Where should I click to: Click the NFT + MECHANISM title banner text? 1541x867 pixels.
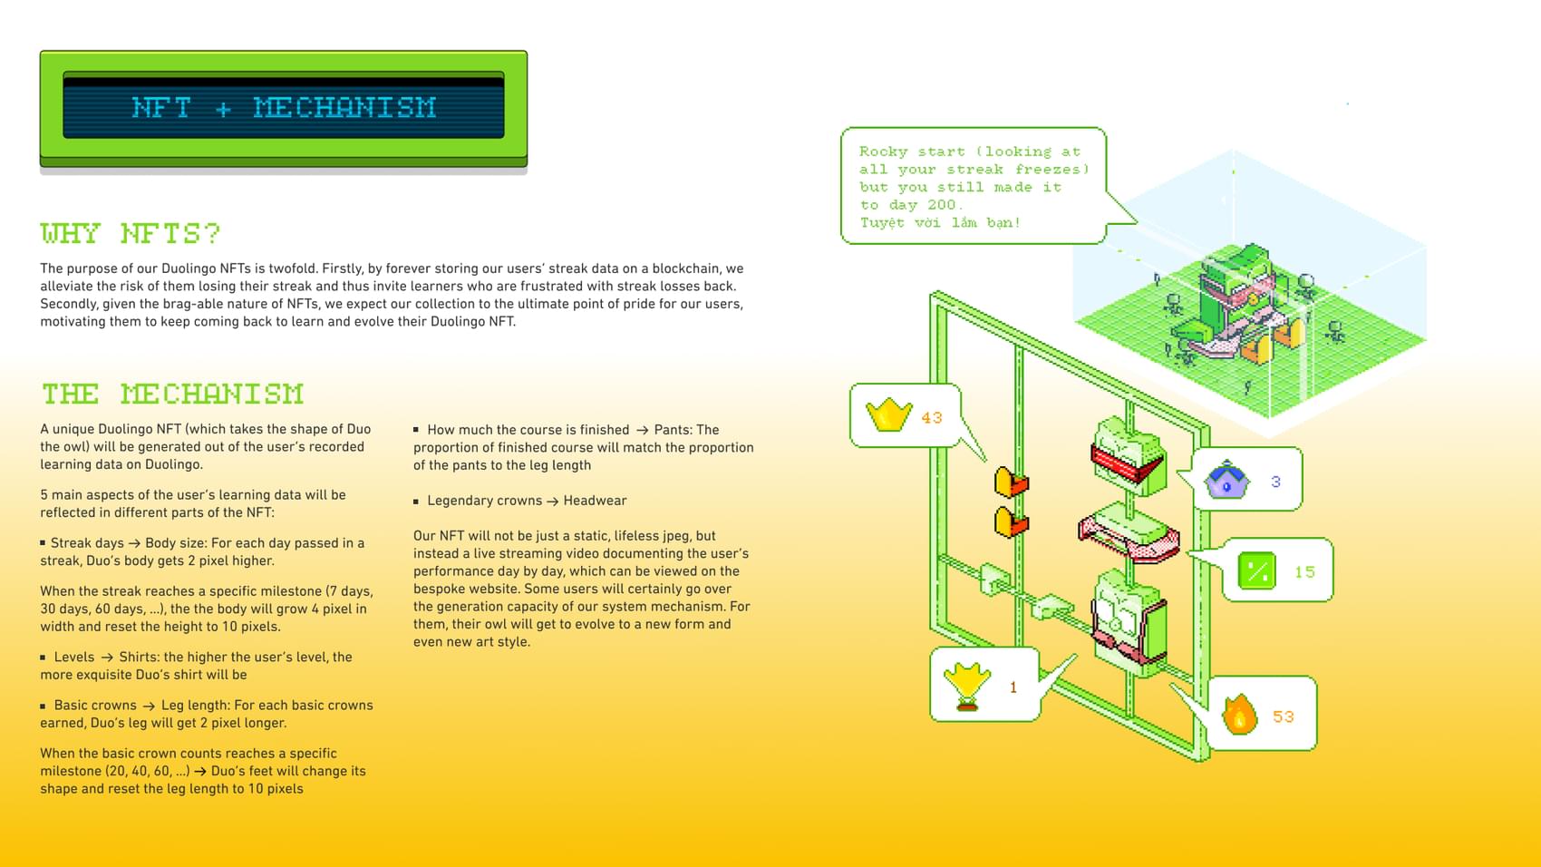point(284,108)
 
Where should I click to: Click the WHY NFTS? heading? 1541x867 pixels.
point(131,234)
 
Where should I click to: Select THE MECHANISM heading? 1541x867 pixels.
point(172,395)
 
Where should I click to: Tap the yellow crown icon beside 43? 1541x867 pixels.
point(888,415)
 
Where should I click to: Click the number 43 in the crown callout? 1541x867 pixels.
point(932,418)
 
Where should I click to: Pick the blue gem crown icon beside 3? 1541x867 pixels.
point(1226,480)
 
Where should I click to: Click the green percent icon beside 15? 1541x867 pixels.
point(1257,571)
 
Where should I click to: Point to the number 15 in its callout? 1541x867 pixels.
point(1304,572)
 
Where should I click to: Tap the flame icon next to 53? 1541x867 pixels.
point(1239,715)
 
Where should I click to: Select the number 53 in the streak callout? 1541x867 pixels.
point(1284,717)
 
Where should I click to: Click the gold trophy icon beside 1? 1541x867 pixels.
point(967,685)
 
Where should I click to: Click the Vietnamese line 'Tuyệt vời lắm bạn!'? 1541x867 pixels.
point(940,223)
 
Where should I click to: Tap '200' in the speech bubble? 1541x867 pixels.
point(941,205)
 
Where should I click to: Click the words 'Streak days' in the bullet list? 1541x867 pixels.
point(87,543)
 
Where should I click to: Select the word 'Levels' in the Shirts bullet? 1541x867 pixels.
point(74,658)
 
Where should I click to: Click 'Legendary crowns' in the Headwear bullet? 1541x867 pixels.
point(484,501)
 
